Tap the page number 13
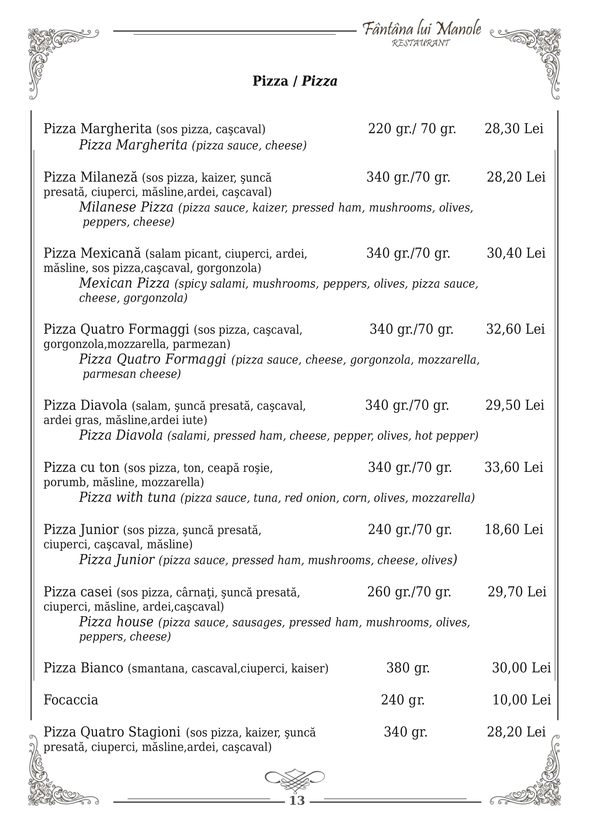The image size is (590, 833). (x=297, y=801)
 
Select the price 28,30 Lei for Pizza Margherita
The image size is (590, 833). (x=514, y=129)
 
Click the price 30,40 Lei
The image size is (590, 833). (x=516, y=253)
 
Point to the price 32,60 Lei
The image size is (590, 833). (x=515, y=329)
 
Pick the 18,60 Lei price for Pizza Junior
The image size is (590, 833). (x=514, y=530)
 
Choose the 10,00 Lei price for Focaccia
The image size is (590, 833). (x=521, y=700)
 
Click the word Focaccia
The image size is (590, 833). (x=71, y=700)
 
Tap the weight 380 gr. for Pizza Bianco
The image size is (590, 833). (x=408, y=668)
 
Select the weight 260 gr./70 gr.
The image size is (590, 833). (x=409, y=592)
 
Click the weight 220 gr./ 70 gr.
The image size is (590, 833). (x=412, y=129)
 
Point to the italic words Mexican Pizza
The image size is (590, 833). (x=124, y=283)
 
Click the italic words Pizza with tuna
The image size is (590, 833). (x=128, y=497)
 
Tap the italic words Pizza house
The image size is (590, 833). (x=116, y=622)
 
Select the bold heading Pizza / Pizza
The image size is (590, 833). (x=295, y=81)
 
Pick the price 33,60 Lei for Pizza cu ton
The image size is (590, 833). (x=514, y=467)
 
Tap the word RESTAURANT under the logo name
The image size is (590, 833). (x=421, y=43)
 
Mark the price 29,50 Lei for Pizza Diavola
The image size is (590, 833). (x=515, y=405)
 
